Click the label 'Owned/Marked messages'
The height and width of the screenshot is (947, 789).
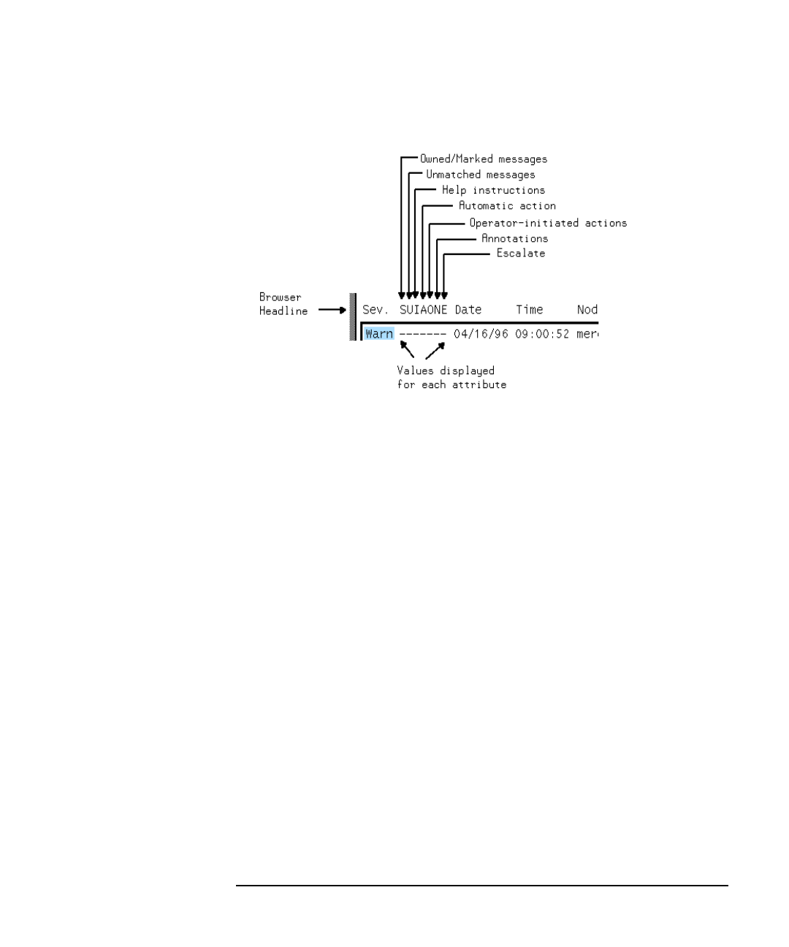point(483,159)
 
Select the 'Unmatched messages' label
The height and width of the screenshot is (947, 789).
point(480,175)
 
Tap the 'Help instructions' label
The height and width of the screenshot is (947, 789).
point(493,190)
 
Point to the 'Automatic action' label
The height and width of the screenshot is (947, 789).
point(507,206)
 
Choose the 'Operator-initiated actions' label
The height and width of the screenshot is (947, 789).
point(548,223)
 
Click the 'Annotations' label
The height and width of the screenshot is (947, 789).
point(514,238)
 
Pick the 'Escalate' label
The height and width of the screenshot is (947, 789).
point(520,254)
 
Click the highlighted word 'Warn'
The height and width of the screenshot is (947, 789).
point(379,334)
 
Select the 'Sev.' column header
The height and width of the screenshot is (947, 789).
point(376,310)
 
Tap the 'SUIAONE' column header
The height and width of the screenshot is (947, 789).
point(423,310)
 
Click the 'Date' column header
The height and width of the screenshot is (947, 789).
point(468,310)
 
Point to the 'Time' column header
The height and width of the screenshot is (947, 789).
point(529,310)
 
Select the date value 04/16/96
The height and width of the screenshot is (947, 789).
point(480,334)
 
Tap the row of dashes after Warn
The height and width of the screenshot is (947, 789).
point(422,334)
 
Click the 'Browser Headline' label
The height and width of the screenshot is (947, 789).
point(283,304)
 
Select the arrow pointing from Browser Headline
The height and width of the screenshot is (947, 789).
point(332,310)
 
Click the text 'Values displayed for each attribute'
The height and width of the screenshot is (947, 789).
point(451,378)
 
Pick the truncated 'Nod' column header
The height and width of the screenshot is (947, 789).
point(587,310)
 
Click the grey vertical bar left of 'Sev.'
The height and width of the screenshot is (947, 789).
point(353,316)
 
